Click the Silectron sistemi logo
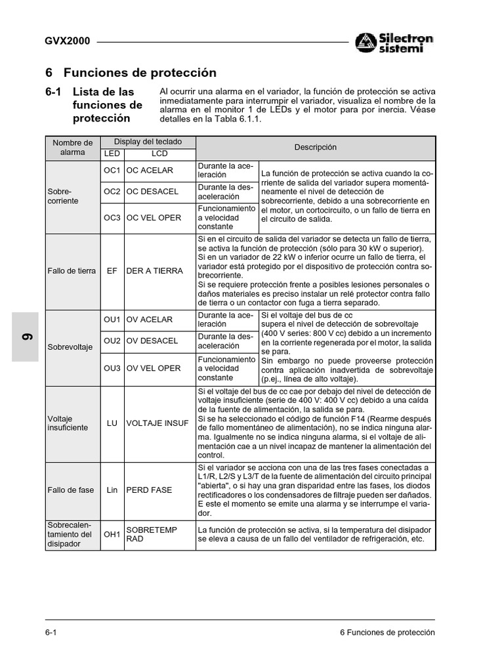(x=394, y=43)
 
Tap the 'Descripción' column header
(x=315, y=148)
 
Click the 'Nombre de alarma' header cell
(x=73, y=147)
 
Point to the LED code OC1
(x=112, y=171)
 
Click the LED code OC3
(x=112, y=218)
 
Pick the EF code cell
(x=112, y=270)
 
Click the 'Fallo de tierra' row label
(x=72, y=270)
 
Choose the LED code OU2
(x=112, y=341)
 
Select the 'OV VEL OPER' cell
(x=153, y=368)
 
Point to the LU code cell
(x=112, y=423)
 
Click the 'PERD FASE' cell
(x=149, y=490)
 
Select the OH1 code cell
(x=112, y=534)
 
